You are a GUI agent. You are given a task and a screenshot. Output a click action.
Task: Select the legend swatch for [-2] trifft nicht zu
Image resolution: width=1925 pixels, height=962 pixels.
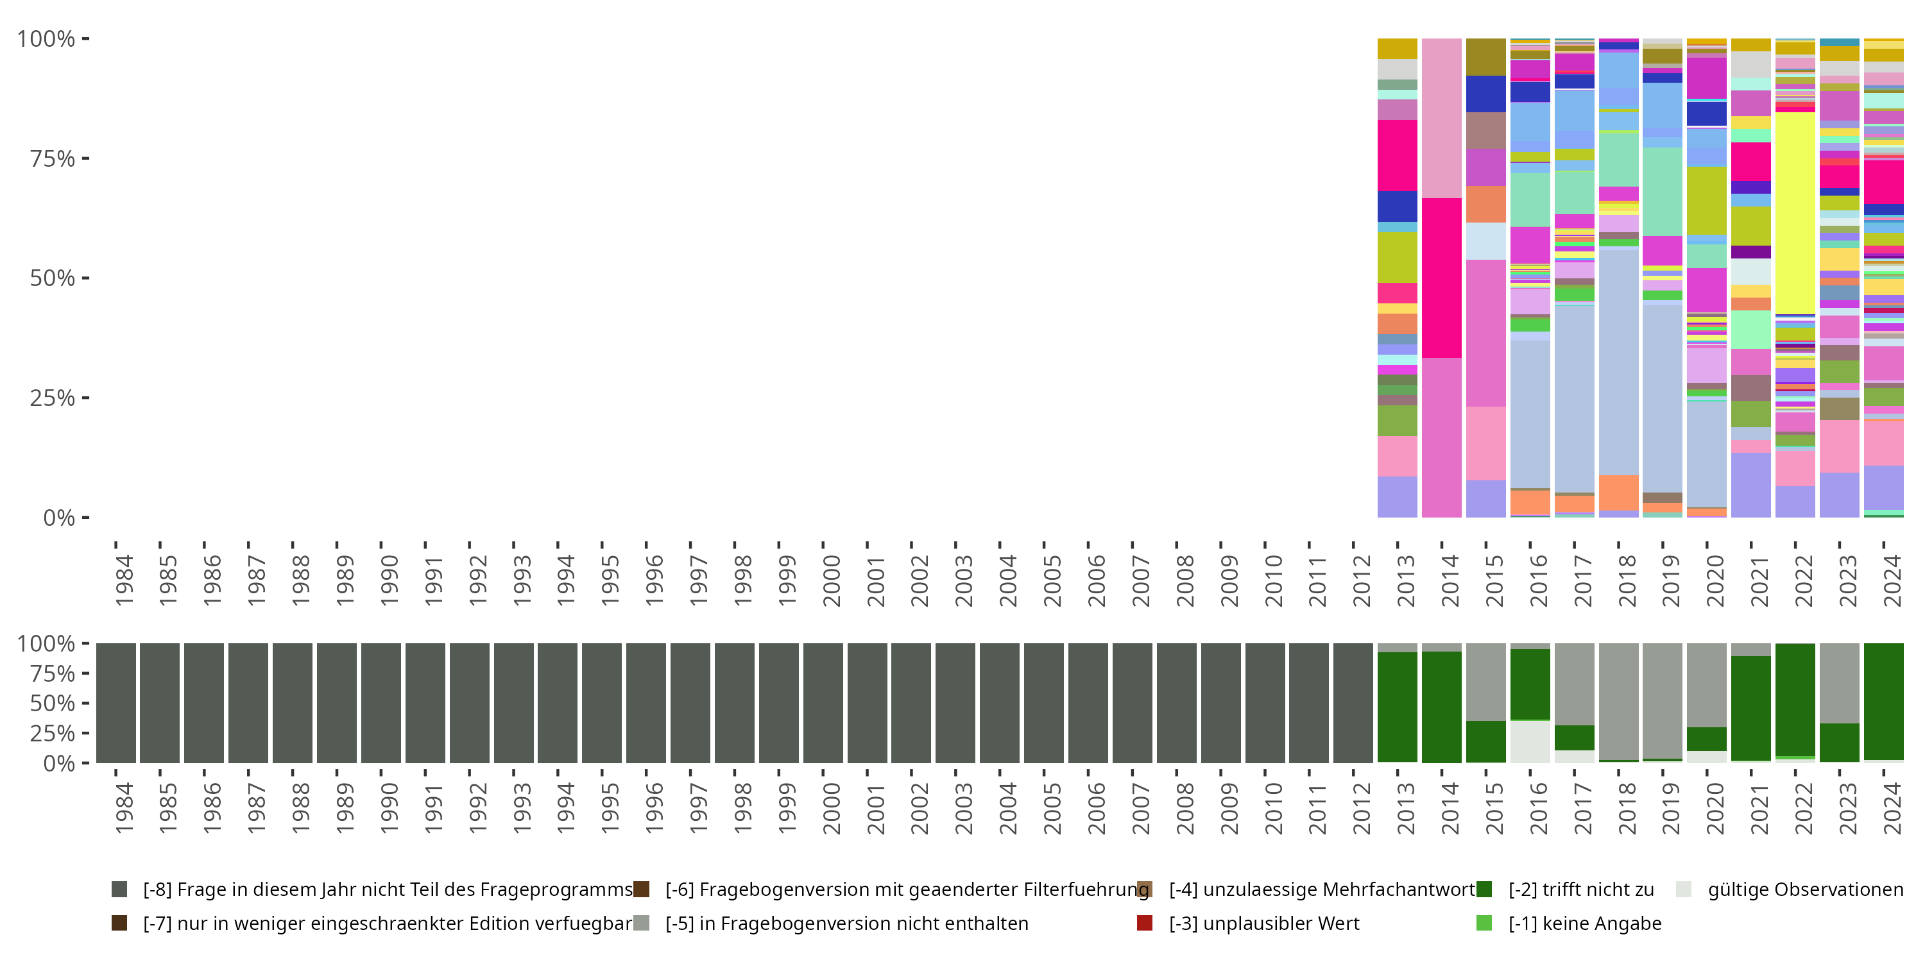pos(1484,890)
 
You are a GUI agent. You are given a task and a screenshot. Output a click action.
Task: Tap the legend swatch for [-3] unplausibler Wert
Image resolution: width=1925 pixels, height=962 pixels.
pos(1144,923)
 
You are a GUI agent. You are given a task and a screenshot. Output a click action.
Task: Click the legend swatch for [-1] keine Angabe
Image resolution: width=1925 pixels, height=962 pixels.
pos(1484,923)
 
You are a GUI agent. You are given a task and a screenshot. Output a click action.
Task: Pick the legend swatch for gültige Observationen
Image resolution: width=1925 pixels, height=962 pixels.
pos(1684,890)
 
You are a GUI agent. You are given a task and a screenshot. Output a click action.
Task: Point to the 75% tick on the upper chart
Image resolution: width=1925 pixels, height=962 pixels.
pos(85,158)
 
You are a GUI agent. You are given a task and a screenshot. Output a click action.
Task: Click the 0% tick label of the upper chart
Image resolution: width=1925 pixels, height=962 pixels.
pos(58,518)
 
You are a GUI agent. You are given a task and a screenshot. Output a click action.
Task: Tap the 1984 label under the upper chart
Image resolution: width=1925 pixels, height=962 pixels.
pos(124,580)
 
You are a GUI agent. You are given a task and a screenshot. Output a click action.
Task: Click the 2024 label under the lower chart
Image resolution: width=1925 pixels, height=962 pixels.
pos(1892,808)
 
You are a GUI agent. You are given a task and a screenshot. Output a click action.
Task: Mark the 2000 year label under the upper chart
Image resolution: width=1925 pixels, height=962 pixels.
pos(831,580)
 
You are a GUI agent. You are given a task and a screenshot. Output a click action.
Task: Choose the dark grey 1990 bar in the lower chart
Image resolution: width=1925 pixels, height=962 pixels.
pos(381,703)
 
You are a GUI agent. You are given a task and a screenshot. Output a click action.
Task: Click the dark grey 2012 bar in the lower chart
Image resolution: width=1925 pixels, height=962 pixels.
pos(1353,703)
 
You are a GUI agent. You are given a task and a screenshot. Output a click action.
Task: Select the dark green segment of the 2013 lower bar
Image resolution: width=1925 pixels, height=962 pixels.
pos(1398,707)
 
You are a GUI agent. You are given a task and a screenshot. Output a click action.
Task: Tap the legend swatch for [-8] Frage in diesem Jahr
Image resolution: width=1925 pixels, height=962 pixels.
pos(119,890)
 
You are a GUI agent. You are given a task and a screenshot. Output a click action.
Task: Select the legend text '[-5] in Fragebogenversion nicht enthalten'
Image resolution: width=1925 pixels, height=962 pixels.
pos(846,923)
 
